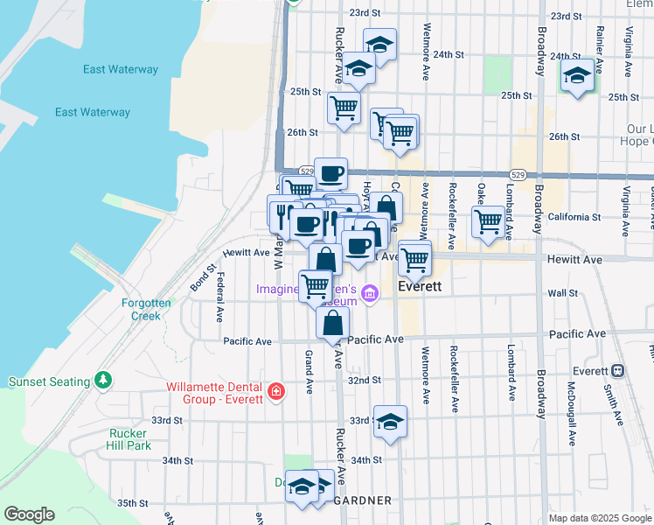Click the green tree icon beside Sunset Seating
[104, 381]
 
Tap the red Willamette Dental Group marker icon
[276, 390]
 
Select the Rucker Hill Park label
[129, 438]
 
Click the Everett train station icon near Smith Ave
[618, 371]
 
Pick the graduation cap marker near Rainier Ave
[577, 75]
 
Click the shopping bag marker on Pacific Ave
[333, 323]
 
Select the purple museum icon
[370, 292]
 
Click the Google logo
[29, 514]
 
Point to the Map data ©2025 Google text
[599, 518]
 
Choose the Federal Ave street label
[219, 297]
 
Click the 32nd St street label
[365, 381]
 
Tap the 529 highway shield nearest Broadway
[518, 176]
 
